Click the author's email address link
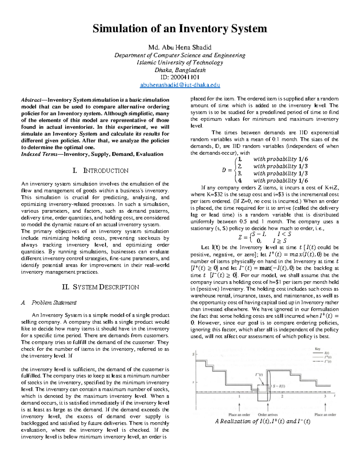tap(180, 85)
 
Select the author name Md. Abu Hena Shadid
tap(180, 47)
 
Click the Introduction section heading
tap(100, 171)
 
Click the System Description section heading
tap(100, 287)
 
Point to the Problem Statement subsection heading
tap(54, 302)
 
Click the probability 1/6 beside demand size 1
tap(303, 159)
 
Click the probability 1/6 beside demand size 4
tap(303, 181)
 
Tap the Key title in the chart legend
tap(318, 349)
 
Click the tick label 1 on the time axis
tap(239, 396)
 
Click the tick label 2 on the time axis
tap(282, 396)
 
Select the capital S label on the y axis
tap(193, 354)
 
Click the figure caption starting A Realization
tap(262, 421)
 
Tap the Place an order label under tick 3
tap(325, 415)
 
